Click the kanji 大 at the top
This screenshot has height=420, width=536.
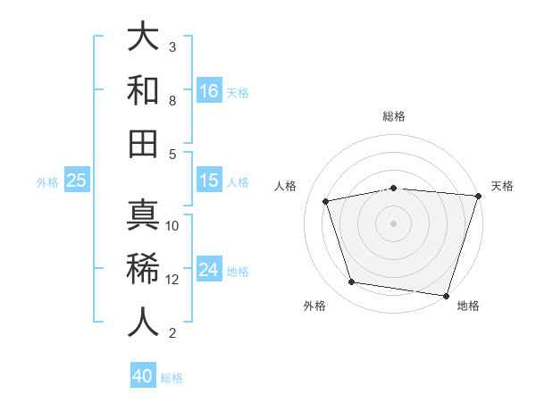pyautogui.click(x=144, y=37)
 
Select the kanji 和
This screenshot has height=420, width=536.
pyautogui.click(x=144, y=90)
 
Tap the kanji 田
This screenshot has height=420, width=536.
pyautogui.click(x=144, y=144)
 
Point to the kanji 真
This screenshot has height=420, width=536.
pyautogui.click(x=144, y=215)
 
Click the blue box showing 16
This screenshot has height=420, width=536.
pyautogui.click(x=209, y=90)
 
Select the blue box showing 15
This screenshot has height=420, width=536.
pyautogui.click(x=209, y=181)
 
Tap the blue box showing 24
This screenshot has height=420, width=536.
pyautogui.click(x=209, y=270)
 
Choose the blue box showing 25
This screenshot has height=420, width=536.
pyautogui.click(x=77, y=181)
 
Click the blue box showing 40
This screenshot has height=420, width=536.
pyautogui.click(x=143, y=376)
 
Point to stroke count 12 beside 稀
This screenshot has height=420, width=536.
pyautogui.click(x=172, y=279)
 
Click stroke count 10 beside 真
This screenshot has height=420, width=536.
pyautogui.click(x=172, y=225)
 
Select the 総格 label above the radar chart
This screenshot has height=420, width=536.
pyautogui.click(x=394, y=116)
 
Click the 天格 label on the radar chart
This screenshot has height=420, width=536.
pyautogui.click(x=502, y=186)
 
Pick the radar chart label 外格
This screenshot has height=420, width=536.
pyautogui.click(x=314, y=306)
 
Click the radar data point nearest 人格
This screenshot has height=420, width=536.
pyautogui.click(x=326, y=201)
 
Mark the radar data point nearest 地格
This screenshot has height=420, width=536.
pyautogui.click(x=446, y=295)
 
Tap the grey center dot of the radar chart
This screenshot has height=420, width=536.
pyautogui.click(x=394, y=223)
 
